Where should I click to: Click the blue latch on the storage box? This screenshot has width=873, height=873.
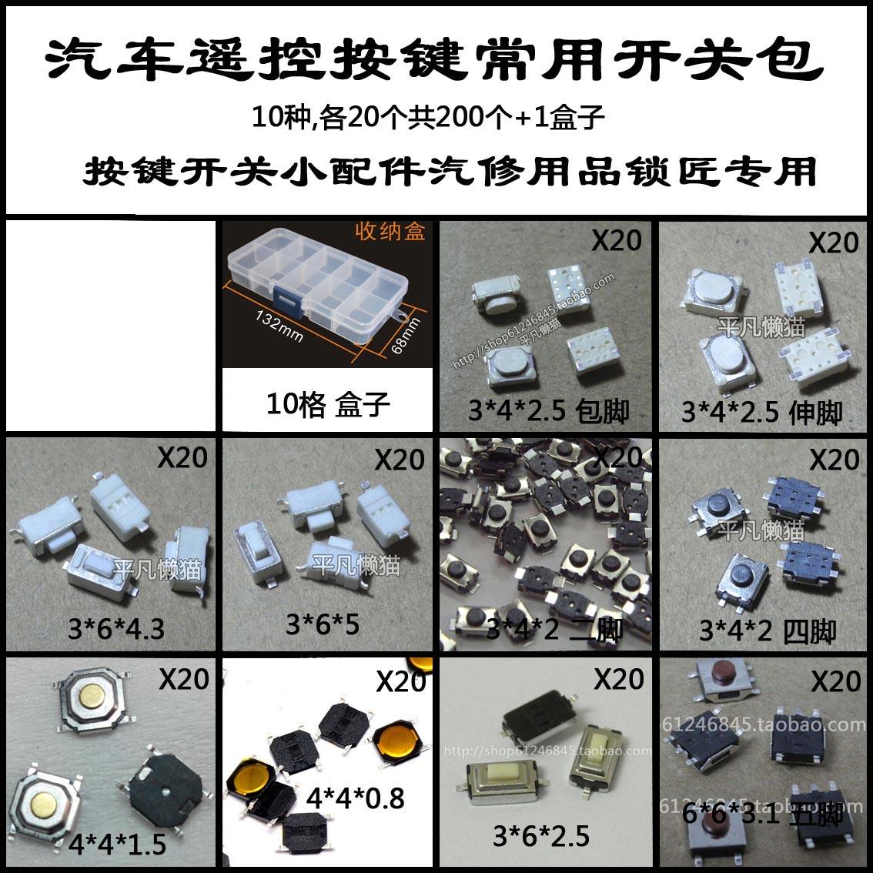point(286,296)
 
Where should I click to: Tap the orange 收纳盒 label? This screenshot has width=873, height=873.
point(390,232)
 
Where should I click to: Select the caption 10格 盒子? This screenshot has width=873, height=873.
point(329,403)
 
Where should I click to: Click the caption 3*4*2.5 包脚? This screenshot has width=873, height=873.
point(548,411)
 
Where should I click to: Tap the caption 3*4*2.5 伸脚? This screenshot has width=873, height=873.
point(762,413)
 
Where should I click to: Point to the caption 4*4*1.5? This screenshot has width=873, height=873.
point(116,845)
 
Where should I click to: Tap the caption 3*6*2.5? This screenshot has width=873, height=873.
point(541,835)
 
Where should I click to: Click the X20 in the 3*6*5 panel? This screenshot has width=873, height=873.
point(400,460)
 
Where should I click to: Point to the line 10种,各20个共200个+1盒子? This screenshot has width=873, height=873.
point(428,119)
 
